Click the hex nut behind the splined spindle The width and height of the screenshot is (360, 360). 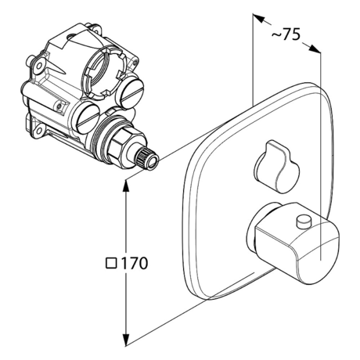126,147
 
